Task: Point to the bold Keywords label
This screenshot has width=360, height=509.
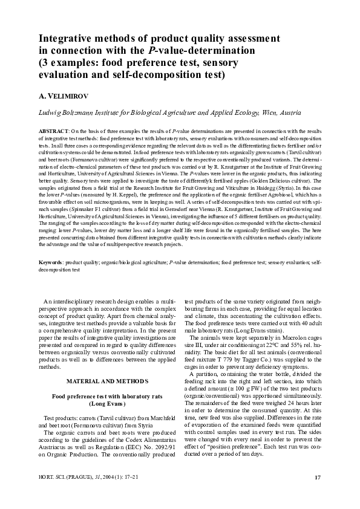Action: (52, 264)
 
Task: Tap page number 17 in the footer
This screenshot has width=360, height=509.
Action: (317, 478)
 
